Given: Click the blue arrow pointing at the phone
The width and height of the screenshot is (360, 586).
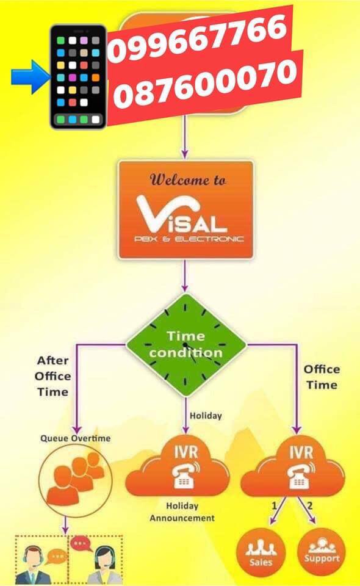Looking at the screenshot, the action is [31, 77].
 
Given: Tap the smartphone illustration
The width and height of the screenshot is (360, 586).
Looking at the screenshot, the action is [79, 77].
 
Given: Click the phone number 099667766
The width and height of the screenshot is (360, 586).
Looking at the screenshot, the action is [198, 36].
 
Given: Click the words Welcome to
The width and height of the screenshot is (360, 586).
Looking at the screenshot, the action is [188, 179].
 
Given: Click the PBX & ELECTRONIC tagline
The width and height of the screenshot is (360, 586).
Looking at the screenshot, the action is [189, 239].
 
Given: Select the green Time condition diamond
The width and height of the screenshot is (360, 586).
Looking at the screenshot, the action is [185, 344].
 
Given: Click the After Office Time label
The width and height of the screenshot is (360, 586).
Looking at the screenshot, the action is [52, 376].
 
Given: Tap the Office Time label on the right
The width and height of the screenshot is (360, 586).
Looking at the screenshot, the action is [322, 377].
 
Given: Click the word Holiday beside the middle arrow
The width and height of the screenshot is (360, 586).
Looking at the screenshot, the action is [206, 416].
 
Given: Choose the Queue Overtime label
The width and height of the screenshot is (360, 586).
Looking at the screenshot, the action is [76, 438].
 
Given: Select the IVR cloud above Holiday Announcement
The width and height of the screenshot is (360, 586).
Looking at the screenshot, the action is [178, 466].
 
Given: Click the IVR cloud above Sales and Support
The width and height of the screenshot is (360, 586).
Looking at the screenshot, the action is [293, 466].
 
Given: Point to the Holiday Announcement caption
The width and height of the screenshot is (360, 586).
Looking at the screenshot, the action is [182, 512].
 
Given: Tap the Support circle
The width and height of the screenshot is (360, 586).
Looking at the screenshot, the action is [322, 551].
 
